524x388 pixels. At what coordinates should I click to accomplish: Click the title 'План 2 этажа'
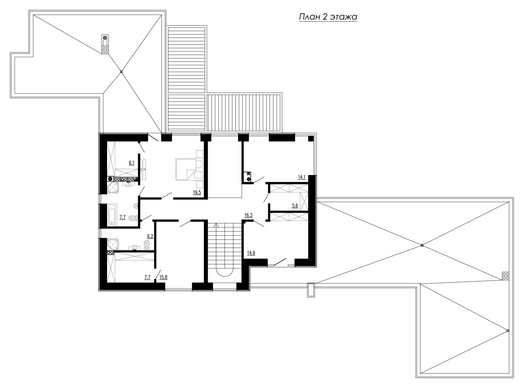coord(328,17)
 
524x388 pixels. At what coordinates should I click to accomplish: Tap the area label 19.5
coord(197,193)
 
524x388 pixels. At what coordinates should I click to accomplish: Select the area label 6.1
coord(132,163)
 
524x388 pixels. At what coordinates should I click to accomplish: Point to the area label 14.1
coord(302,177)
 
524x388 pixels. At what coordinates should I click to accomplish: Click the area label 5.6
coord(295,205)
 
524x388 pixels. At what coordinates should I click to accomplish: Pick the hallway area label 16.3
coord(249,215)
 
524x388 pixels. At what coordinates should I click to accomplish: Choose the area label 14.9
coord(251,253)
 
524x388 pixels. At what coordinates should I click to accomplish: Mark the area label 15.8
coord(163,277)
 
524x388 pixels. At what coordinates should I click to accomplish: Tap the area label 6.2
coord(150,236)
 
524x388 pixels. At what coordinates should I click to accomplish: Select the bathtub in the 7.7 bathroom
coord(112,214)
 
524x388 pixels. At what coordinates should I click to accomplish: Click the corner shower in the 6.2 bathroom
coord(113,244)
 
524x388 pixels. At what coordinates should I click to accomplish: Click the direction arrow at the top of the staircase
coord(216,226)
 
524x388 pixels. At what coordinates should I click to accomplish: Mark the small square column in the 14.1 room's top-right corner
coord(311,138)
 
